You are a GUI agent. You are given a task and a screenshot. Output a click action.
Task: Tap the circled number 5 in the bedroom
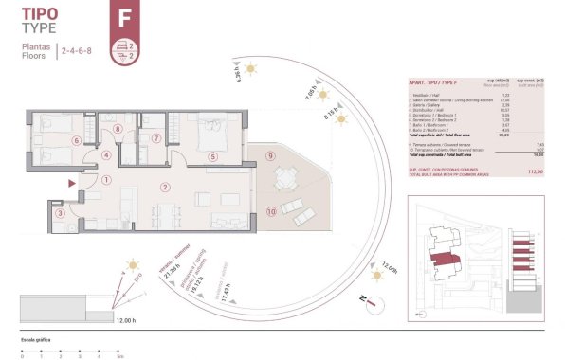pyautogui.click(x=213, y=157)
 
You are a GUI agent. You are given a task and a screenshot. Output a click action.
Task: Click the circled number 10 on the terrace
pyautogui.click(x=271, y=212)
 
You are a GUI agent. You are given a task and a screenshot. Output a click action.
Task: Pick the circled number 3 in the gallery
pyautogui.click(x=60, y=215)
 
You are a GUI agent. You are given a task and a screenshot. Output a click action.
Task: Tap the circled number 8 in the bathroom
pyautogui.click(x=118, y=129)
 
